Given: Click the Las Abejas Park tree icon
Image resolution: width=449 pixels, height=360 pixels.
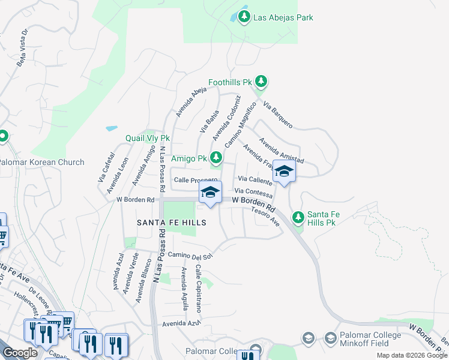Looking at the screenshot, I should coord(244,17).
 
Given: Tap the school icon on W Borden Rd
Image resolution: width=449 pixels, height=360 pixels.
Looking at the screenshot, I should coord(210,193).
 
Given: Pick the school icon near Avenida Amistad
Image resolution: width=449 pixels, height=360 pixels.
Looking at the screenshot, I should coord(284,172).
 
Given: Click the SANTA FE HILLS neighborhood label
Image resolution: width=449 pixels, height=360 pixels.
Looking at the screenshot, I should coord(172,223).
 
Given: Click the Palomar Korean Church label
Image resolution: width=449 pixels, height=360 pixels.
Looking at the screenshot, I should coord(41,162).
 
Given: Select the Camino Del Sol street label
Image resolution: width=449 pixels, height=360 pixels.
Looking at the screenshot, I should coord(190,256).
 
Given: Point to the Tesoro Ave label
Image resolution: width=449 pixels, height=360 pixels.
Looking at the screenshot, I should coord(266,216).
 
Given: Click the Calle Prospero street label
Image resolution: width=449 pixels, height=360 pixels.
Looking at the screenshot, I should coord(195,181).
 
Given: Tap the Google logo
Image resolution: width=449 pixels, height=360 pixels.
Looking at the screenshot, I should coord(20,353).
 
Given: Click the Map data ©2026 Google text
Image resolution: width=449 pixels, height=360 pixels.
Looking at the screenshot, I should coord(412,355).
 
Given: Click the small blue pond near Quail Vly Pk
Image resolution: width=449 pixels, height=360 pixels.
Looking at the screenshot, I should coord(111,128).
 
